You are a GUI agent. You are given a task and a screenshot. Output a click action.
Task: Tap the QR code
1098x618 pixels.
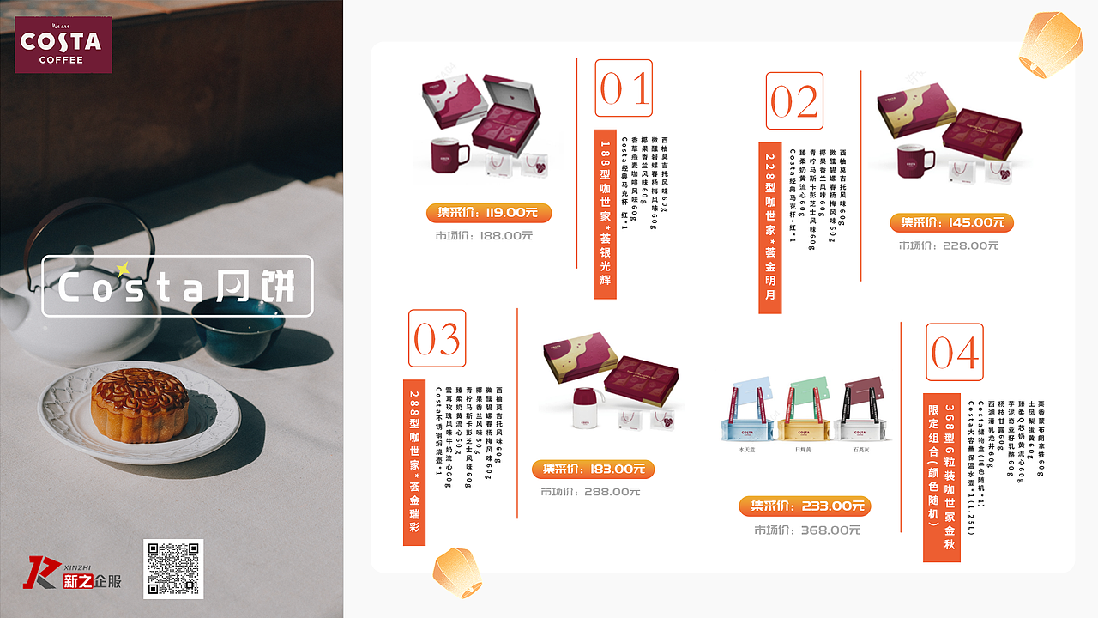[173, 568]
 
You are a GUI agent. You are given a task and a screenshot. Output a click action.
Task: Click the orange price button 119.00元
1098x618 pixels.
[488, 214]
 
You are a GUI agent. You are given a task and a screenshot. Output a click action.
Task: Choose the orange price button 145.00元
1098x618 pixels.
[951, 223]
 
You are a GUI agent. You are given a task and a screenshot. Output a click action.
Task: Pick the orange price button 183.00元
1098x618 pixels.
[593, 470]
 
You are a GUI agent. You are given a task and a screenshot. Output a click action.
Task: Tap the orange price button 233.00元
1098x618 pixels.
[805, 506]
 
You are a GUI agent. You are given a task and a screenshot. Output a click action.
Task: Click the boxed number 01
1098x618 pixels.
[624, 88]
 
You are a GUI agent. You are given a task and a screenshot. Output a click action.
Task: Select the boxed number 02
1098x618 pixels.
[794, 101]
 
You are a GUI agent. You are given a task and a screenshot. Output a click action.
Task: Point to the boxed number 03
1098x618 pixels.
[437, 339]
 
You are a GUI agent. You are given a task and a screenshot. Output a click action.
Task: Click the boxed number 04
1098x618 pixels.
[954, 352]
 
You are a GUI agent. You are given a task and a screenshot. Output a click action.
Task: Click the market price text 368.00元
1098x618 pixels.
[807, 530]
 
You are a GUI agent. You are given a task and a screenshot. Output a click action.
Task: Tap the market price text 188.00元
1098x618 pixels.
[484, 235]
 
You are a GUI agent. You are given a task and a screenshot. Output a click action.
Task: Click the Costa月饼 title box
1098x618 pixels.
[178, 287]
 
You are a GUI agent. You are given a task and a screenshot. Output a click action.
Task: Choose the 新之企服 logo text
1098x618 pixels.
[92, 581]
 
